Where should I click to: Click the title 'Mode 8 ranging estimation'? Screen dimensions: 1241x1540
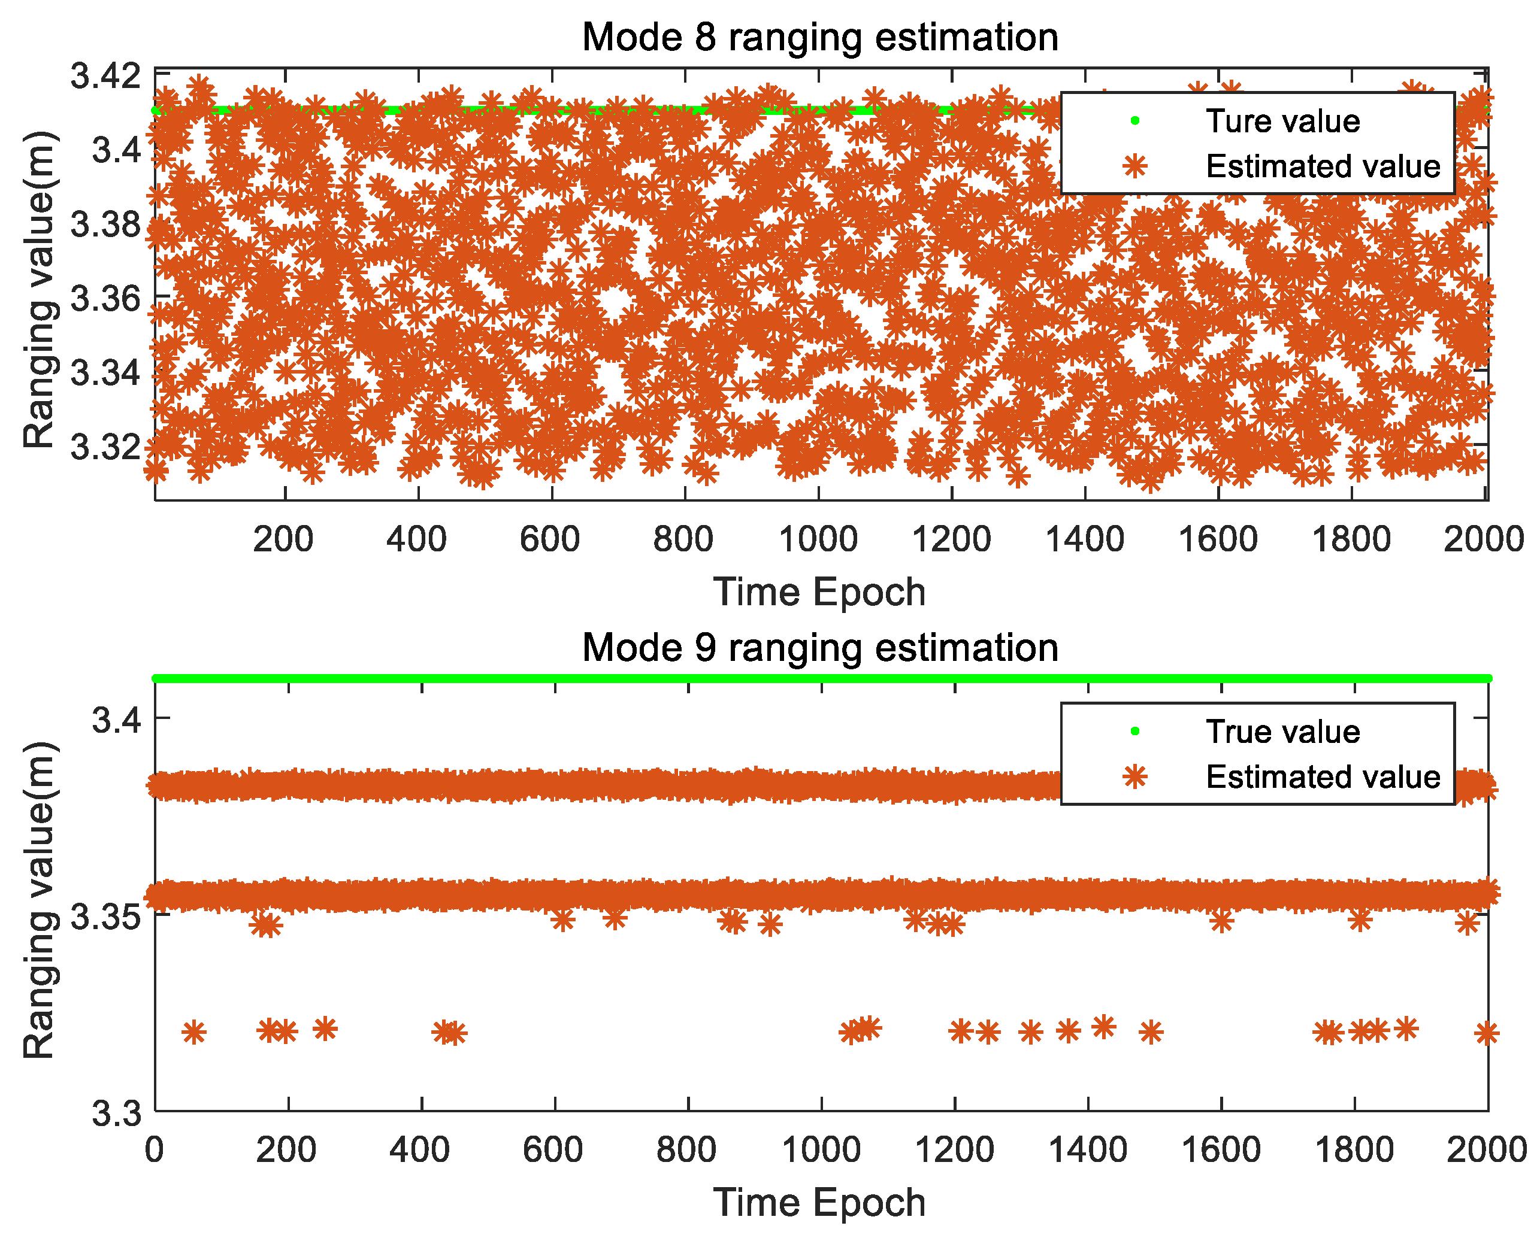(x=819, y=37)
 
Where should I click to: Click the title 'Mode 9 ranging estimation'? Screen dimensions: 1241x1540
(x=819, y=648)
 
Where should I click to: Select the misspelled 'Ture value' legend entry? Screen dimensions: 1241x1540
(x=1282, y=121)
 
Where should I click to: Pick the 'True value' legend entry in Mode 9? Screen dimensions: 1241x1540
(x=1282, y=732)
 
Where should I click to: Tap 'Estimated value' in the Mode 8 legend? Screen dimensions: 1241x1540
(x=1323, y=166)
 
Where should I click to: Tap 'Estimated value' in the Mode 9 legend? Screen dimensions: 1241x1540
(x=1323, y=776)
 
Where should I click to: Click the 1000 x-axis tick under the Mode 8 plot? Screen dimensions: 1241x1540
(x=818, y=538)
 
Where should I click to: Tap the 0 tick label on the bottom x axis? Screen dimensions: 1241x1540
(x=155, y=1150)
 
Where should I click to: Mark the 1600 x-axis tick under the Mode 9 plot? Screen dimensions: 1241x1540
(x=1220, y=1150)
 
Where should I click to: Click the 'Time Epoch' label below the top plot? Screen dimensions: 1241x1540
(x=819, y=592)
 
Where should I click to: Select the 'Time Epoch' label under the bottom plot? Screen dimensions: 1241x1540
(x=819, y=1203)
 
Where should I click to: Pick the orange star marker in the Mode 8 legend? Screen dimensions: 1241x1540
(x=1134, y=166)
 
